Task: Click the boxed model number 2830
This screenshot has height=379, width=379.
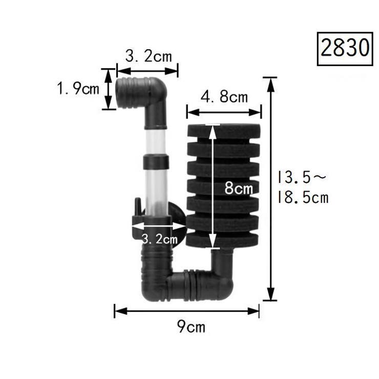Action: pos(345,49)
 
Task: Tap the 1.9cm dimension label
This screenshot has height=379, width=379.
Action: pos(78,88)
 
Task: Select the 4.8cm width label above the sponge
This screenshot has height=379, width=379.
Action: pos(224,97)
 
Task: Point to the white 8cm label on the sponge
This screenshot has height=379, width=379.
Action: pos(239,188)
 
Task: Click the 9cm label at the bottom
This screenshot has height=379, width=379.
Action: pos(191,327)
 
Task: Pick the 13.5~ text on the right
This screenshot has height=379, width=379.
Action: pos(302,177)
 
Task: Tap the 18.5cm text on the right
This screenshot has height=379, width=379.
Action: pos(303,197)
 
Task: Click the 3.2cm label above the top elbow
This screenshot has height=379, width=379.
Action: pos(149,56)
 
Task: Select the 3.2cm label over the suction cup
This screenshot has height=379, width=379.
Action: pos(159,239)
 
